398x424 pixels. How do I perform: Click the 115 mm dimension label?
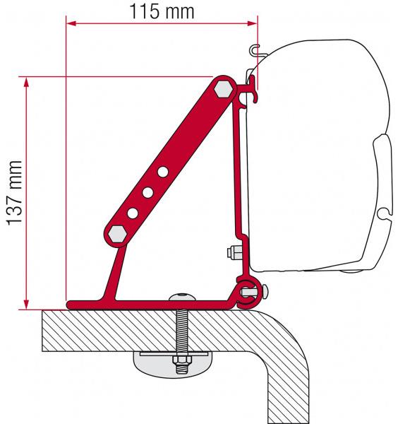[162, 11]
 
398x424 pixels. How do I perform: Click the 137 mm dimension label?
[14, 193]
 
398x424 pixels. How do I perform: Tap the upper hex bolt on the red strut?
[223, 88]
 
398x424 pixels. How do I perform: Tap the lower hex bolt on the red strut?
[117, 234]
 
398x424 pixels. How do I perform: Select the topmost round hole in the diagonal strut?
[163, 172]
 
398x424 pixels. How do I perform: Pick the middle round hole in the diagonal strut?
[147, 192]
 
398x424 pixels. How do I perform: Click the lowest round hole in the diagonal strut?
[133, 213]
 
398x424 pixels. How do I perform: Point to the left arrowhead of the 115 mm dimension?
[71, 23]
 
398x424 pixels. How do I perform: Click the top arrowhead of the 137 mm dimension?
[26, 82]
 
